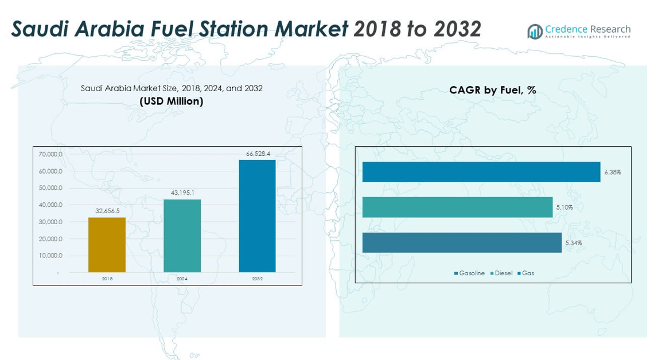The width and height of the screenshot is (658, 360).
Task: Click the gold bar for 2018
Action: tap(107, 245)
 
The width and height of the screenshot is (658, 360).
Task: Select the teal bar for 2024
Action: tap(182, 236)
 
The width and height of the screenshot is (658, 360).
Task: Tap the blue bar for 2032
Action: tap(257, 216)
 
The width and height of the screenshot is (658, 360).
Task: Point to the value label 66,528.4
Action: tap(257, 154)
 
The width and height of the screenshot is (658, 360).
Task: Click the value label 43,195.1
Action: tap(182, 193)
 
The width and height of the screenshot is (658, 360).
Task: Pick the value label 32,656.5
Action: tap(107, 211)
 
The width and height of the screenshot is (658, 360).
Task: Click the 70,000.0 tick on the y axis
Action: tap(51, 154)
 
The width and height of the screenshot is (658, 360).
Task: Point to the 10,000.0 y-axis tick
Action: tap(51, 256)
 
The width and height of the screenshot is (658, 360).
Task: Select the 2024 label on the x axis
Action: tap(182, 279)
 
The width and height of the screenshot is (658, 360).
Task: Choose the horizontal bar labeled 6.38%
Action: tap(481, 172)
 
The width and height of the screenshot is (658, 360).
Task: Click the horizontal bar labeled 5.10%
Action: tap(457, 208)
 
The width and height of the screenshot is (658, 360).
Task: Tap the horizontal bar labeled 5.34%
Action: tap(462, 242)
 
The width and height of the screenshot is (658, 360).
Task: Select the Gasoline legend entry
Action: tap(469, 273)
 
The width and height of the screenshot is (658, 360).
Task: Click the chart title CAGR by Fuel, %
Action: tap(492, 91)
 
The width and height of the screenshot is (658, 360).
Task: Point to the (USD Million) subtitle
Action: tap(172, 101)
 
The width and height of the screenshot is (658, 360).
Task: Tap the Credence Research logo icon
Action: tap(535, 32)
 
